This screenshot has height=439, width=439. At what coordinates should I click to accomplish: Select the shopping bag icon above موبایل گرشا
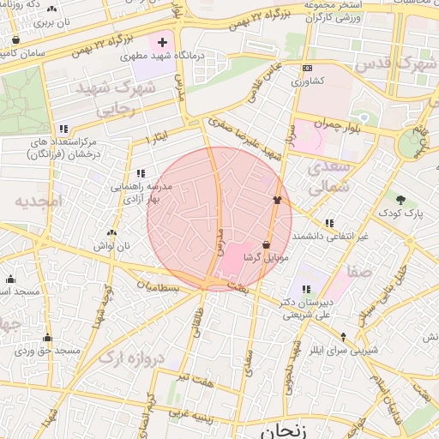pos(267,244)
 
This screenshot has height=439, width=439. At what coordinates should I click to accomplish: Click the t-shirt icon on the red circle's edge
pos(277,201)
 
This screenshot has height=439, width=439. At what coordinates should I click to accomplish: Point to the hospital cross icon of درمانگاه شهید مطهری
pos(162,41)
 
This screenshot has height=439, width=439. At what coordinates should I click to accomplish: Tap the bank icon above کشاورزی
pos(307,69)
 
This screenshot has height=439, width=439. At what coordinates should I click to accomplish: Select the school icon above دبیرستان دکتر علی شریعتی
pos(306,289)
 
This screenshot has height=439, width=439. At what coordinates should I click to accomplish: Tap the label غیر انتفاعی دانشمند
pos(331,236)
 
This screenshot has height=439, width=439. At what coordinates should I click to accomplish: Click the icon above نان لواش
pos(111,232)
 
